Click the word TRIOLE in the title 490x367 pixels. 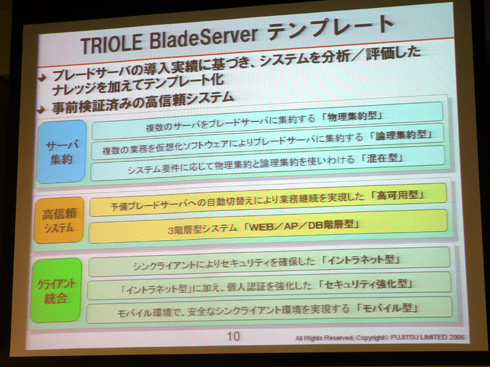[x=111, y=45]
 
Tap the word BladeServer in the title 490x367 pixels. [x=204, y=39]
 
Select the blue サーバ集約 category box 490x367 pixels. [x=61, y=151]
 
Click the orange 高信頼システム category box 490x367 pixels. [x=59, y=220]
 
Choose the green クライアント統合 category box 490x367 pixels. [x=56, y=290]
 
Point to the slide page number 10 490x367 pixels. [x=233, y=336]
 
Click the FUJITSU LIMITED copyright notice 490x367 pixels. [x=380, y=338]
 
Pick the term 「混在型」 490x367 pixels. [x=382, y=158]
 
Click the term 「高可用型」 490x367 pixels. [x=397, y=196]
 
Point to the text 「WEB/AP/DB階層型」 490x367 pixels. [x=300, y=225]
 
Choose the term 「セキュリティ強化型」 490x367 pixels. [x=366, y=284]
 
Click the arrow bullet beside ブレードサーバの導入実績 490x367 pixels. [x=42, y=78]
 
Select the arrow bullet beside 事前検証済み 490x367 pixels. [x=41, y=109]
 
